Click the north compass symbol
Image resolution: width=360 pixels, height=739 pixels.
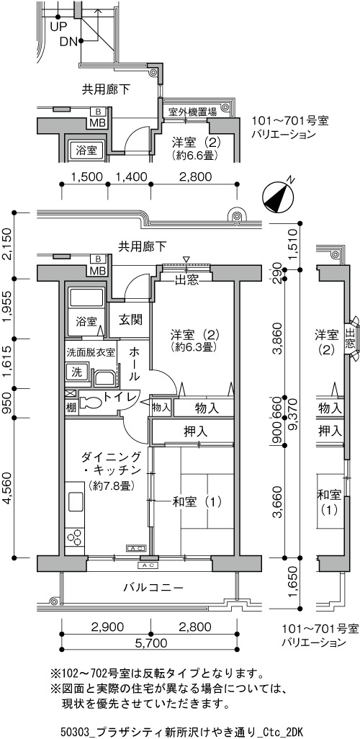tap(277, 195)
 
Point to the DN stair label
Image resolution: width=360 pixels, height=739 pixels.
tap(68, 42)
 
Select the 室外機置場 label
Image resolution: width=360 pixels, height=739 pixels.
tap(192, 112)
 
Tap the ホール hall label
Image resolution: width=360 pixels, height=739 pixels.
tap(134, 364)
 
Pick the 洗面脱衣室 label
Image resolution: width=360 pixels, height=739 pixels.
tap(91, 352)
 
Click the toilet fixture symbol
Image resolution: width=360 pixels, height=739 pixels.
tap(91, 401)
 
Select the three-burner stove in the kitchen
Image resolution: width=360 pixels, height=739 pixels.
tap(74, 537)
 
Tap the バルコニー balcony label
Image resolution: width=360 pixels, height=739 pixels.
tap(153, 588)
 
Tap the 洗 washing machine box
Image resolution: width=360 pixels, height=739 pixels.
tap(76, 372)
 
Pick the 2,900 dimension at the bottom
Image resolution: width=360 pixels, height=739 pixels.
tap(107, 627)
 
